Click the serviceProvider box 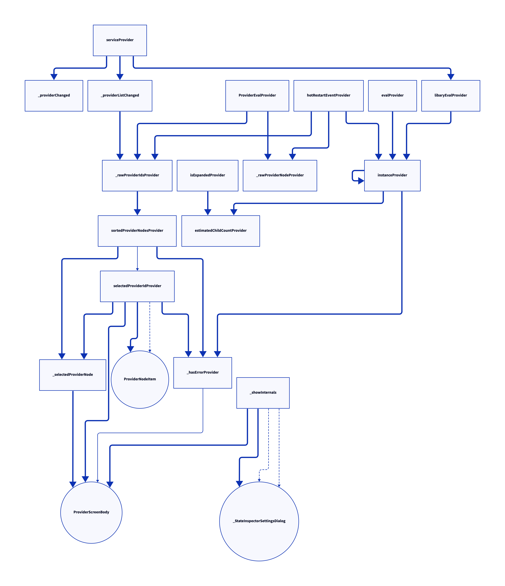120,40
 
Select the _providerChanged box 54,96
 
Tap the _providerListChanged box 120,96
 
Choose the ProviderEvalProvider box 257,96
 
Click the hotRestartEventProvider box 328,96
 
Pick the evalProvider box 392,96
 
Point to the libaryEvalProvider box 451,96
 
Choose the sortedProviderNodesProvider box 137,231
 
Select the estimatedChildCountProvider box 220,231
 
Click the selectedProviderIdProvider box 137,286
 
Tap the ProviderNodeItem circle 140,379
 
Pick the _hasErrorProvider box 203,373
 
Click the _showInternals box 263,393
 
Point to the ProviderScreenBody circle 91,513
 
